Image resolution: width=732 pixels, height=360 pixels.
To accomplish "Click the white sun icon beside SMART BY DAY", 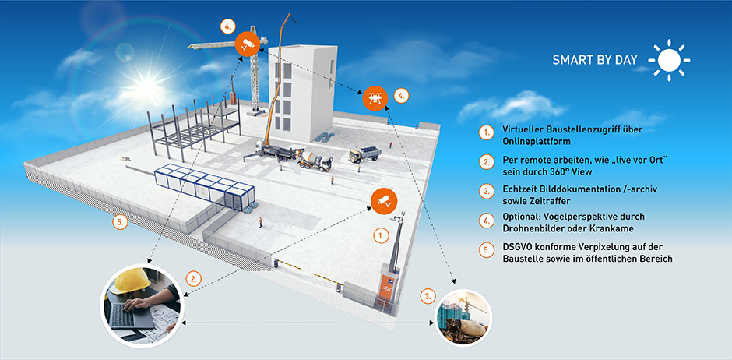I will pyautogui.click(x=669, y=60).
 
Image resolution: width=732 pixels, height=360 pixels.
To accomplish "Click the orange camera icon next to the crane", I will pyautogui.click(x=248, y=42).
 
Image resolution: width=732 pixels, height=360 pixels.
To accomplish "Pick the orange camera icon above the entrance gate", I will pyautogui.click(x=382, y=200).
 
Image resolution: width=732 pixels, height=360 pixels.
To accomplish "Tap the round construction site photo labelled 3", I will pyautogui.click(x=462, y=316).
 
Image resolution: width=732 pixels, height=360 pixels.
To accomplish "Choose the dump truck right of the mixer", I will pyautogui.click(x=364, y=154).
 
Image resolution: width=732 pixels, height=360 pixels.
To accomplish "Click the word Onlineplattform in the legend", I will pyautogui.click(x=537, y=142).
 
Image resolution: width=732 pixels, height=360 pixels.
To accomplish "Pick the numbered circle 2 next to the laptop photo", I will pyautogui.click(x=195, y=277).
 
